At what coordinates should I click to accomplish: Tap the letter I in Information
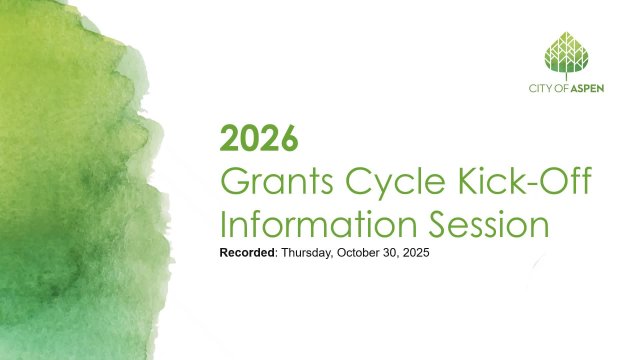(x=223, y=223)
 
